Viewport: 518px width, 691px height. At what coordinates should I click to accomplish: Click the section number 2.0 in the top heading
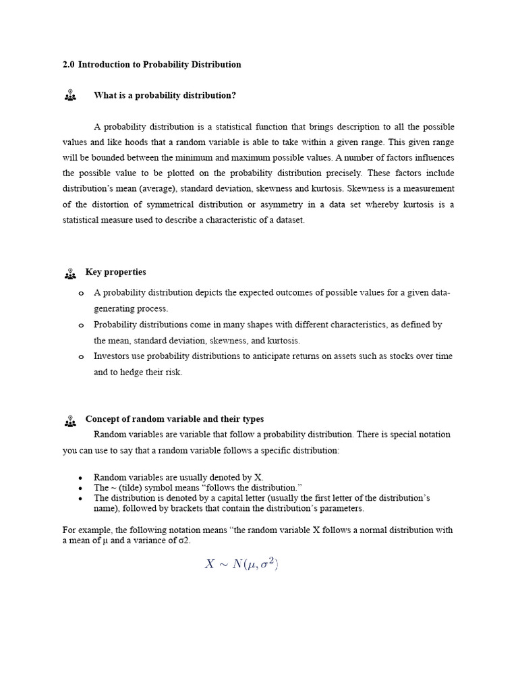[68, 65]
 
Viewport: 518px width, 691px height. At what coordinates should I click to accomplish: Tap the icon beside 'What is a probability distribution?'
[70, 95]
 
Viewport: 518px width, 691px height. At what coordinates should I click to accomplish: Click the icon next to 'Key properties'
[70, 273]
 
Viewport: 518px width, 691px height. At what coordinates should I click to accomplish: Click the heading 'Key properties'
[115, 273]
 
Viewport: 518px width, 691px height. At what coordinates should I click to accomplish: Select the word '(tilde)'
[134, 487]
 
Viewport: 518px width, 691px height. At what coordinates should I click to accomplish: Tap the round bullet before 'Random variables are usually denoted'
[80, 477]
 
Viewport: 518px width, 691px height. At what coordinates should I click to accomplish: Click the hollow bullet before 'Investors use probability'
[81, 357]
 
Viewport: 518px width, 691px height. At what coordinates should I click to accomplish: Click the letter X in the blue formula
[210, 564]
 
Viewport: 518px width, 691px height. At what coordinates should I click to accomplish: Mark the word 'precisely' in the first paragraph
[344, 173]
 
